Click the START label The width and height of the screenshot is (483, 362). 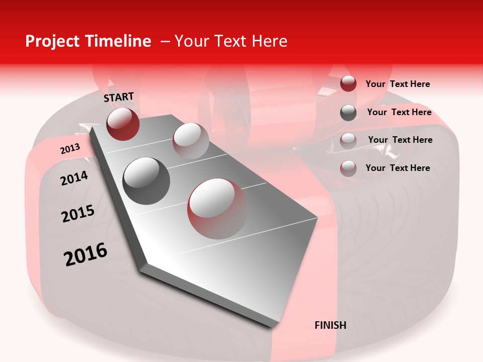coord(119,97)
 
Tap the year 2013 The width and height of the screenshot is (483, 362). coord(70,149)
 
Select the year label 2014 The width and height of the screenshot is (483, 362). coord(74,178)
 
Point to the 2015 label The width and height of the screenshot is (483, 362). coord(78,214)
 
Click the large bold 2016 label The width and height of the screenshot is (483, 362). coord(86,254)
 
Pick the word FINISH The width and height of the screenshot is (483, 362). coord(331,325)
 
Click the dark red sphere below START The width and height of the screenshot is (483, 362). coord(123,124)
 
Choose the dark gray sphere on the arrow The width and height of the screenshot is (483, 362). coord(146,180)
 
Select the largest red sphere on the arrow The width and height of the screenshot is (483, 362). coord(217,208)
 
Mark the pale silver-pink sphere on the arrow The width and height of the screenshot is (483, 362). coord(190,141)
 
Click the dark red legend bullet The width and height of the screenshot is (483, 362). coord(348,83)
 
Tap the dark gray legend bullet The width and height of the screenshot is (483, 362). coord(348,113)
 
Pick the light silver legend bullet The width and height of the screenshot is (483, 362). coord(348,140)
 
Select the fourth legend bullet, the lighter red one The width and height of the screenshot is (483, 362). coord(348,168)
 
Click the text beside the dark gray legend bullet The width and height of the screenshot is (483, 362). coord(399,112)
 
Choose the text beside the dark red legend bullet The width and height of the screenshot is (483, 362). coord(397,84)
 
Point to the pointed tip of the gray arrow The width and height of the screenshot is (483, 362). coord(274,326)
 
